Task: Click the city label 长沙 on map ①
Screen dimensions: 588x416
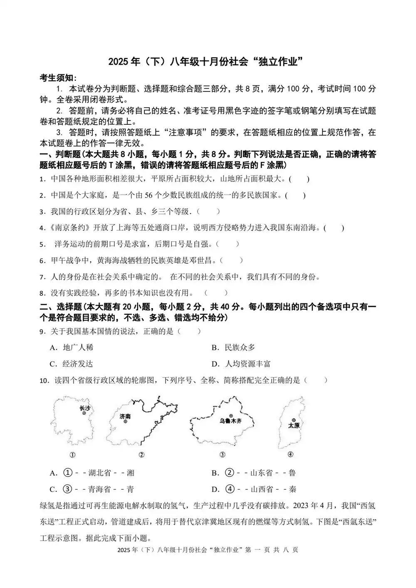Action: [x=84, y=408]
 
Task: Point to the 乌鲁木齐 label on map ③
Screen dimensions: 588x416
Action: [x=230, y=421]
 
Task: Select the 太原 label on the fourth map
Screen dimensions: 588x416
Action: [x=294, y=425]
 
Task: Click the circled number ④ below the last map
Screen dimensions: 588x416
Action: [x=290, y=455]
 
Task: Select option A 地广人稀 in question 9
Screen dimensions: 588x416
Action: [x=77, y=348]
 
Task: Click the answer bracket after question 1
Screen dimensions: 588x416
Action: [x=300, y=179]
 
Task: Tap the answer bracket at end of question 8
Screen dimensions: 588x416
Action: [x=216, y=293]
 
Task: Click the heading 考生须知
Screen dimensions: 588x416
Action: [x=58, y=78]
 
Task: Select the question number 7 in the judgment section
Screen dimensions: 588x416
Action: [x=42, y=277]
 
